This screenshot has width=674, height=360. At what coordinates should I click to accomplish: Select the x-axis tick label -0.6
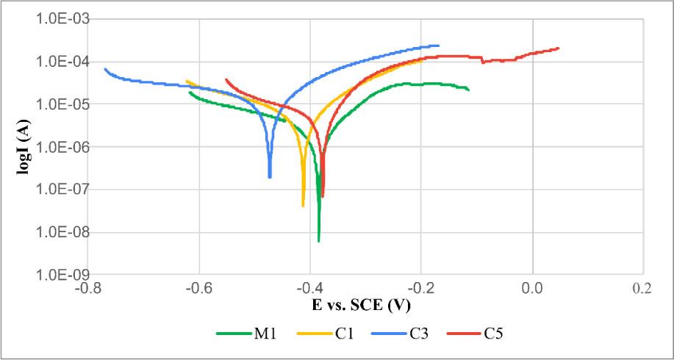[199, 288]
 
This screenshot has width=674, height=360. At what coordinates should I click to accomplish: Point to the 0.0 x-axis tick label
[531, 288]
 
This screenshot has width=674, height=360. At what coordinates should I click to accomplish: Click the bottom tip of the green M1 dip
[319, 241]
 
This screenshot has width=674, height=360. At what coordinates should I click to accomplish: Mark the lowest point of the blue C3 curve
[270, 176]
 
